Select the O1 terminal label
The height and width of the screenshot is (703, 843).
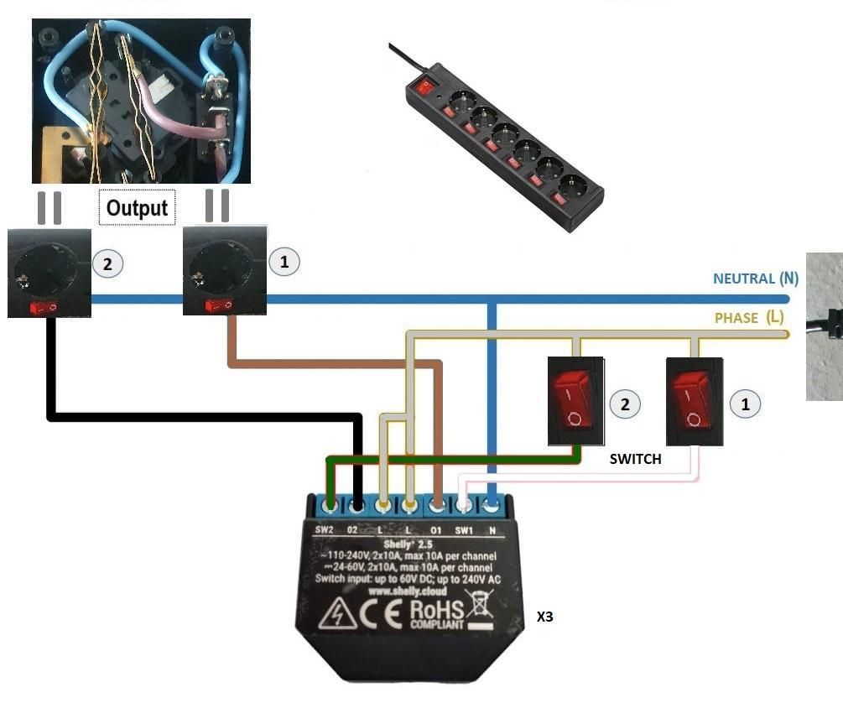(x=436, y=530)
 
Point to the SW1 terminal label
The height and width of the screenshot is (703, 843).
(x=464, y=530)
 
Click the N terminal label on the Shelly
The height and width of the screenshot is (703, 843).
(x=492, y=530)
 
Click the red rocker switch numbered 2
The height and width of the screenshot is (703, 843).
(x=575, y=400)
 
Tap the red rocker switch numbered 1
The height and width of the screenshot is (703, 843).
(x=694, y=400)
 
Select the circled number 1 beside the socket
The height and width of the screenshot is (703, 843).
(x=284, y=262)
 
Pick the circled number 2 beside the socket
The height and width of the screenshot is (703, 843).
(x=107, y=263)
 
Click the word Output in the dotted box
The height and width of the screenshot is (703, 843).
(x=137, y=207)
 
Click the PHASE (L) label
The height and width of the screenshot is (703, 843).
(x=749, y=318)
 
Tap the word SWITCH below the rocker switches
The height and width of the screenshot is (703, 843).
(x=635, y=459)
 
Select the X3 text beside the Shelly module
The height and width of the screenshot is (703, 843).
(x=545, y=617)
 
